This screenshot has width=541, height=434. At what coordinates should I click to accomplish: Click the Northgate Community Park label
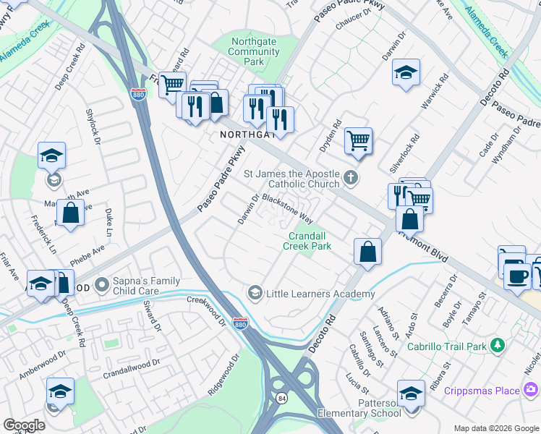pos(253,52)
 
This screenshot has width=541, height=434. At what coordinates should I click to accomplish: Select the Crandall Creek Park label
pos(310,241)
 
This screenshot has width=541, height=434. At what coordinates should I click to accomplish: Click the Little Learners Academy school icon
pos(255,293)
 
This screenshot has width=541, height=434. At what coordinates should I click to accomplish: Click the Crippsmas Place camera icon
pos(532,391)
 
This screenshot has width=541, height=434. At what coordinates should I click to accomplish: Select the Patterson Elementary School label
pos(367,408)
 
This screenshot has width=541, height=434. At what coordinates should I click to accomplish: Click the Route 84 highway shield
pos(280,398)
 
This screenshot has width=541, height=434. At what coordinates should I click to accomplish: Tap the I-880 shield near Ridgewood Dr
pos(241,323)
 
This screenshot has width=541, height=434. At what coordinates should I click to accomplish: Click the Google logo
pos(24,425)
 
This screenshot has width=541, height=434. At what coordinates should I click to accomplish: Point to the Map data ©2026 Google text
pos(495,428)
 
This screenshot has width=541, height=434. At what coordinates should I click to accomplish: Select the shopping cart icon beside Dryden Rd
pos(358,140)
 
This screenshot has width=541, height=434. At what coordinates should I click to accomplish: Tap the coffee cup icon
pos(516,275)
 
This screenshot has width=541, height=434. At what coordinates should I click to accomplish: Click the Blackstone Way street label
pos(287,208)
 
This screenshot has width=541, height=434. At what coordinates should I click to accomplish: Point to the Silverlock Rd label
pos(404,152)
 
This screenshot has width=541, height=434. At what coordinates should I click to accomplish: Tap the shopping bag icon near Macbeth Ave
pos(70,213)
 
